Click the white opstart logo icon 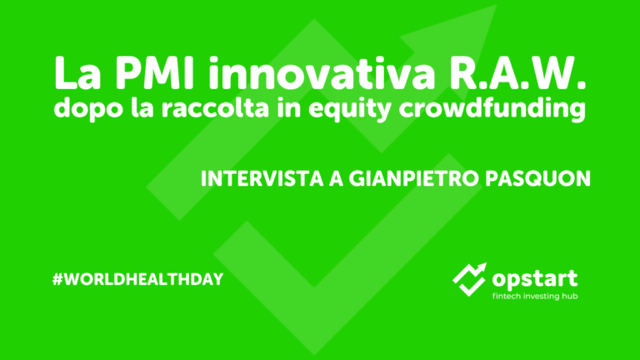(x=469, y=277)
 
